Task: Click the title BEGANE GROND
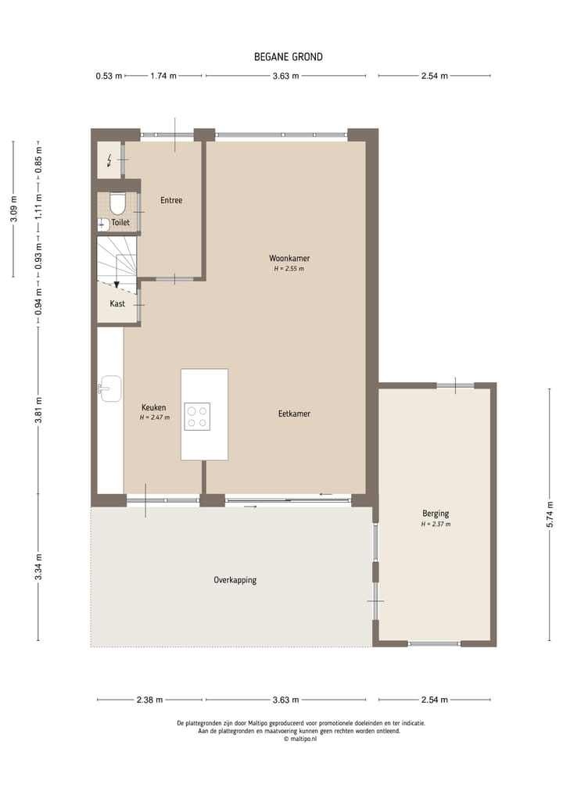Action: [288, 57]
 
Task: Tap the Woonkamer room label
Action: [289, 257]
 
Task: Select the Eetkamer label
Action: [294, 414]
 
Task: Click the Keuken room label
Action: [154, 407]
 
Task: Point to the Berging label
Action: [436, 514]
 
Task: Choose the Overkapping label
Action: [235, 580]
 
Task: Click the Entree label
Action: [171, 200]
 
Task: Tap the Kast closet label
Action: [117, 303]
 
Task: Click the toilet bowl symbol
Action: [118, 204]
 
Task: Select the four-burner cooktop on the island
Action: [197, 416]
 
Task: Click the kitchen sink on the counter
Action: [109, 388]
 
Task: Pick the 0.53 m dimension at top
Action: [109, 76]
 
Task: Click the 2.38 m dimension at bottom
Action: [149, 700]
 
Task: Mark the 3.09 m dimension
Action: [13, 209]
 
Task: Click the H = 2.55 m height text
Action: [289, 268]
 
